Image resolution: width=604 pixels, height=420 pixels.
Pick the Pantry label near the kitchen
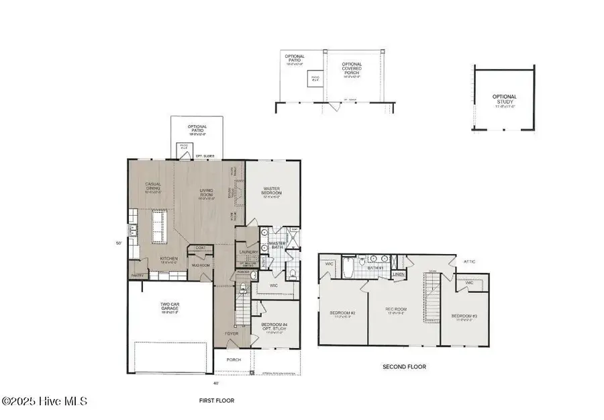pyautogui.click(x=137, y=274)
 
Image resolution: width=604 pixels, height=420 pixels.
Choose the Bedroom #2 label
pyautogui.click(x=342, y=313)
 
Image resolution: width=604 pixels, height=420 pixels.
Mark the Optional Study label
pyautogui.click(x=504, y=100)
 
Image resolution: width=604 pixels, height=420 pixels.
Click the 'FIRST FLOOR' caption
pyautogui.click(x=215, y=400)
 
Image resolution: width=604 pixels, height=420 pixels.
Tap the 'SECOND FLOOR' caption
pyautogui.click(x=404, y=367)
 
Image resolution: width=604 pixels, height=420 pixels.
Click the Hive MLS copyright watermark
pyautogui.click(x=44, y=401)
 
